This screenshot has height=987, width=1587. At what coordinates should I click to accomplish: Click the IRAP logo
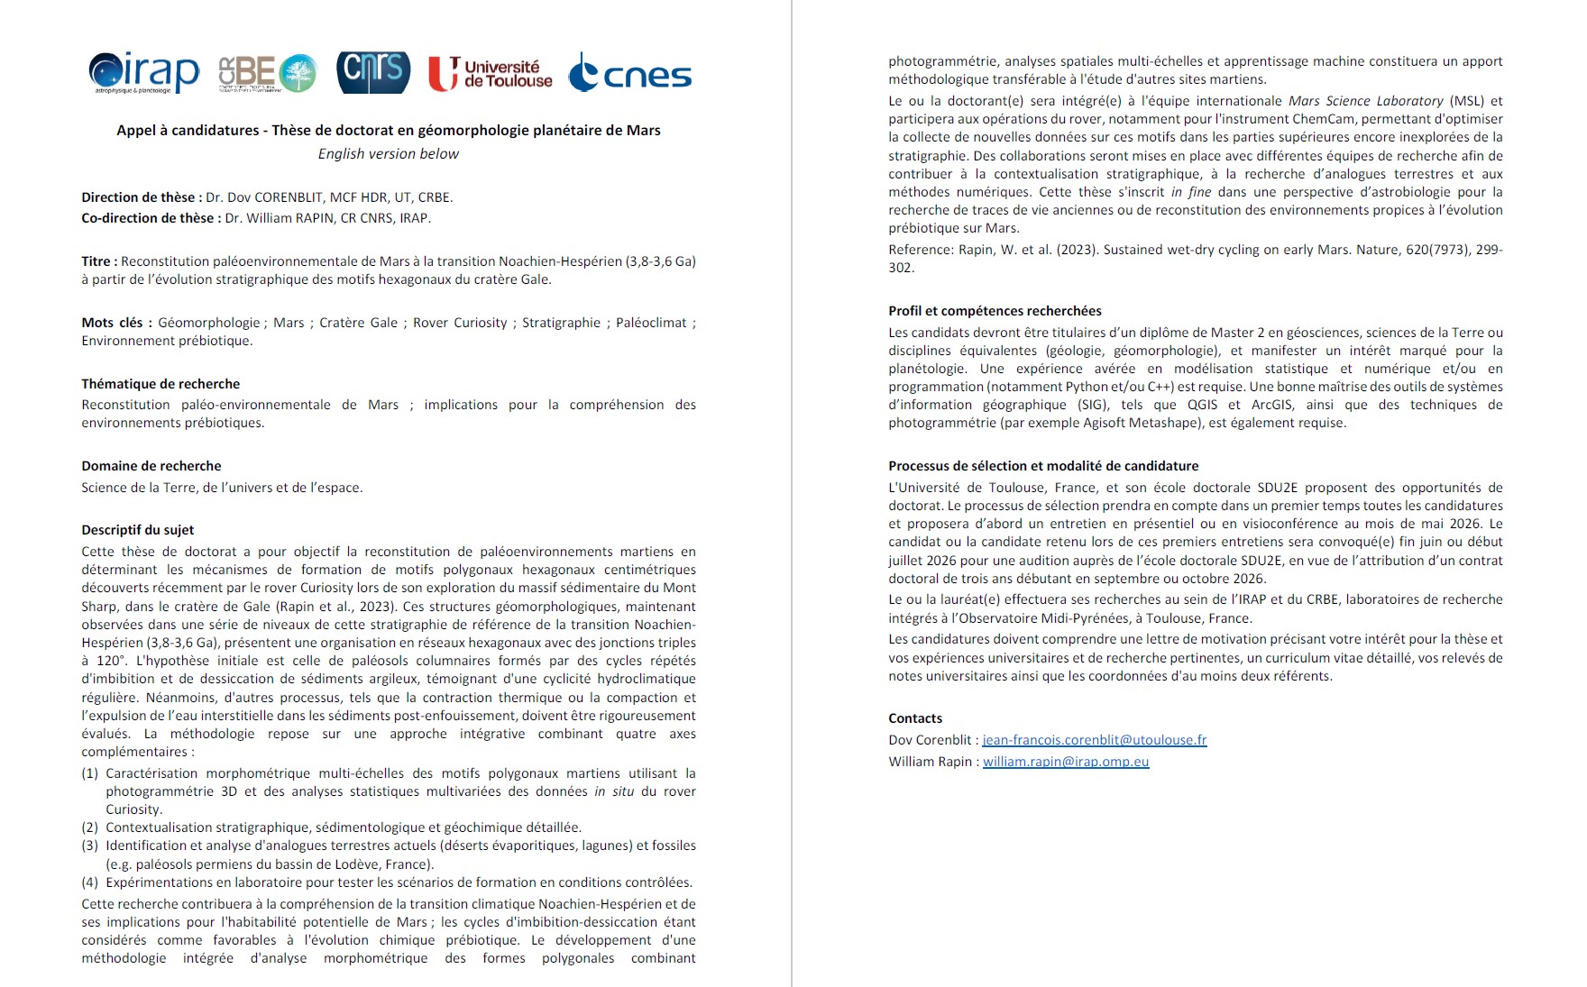144,72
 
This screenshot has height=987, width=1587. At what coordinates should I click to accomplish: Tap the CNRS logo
373,72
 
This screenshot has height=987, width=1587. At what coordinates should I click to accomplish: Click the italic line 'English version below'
388,154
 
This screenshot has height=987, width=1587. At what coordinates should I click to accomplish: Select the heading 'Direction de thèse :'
142,197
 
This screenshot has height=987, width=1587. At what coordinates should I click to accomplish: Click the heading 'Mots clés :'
116,323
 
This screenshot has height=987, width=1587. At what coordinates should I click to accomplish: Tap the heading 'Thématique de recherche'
161,384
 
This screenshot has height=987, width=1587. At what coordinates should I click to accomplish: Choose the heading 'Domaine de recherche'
151,466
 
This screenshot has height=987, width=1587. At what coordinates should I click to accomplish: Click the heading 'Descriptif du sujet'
138,530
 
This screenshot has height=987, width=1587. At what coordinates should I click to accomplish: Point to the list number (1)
90,773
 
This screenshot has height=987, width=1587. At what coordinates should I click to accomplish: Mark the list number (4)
90,882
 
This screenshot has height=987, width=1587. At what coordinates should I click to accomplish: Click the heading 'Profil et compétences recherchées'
995,311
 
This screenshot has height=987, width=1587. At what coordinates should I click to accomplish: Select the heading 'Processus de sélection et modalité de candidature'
1043,466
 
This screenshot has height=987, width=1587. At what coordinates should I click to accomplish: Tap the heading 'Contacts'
915,718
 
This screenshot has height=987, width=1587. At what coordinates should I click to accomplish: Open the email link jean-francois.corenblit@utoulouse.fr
1094,740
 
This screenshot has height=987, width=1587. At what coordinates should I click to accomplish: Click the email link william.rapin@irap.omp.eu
1066,762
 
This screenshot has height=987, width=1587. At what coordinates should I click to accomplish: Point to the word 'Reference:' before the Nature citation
920,250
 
